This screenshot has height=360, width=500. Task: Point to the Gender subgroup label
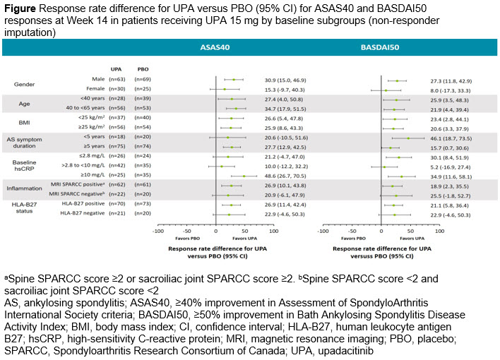[x=25, y=84]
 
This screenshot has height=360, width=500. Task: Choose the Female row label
[x=88, y=89]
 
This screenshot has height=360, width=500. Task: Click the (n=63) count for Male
[x=116, y=80]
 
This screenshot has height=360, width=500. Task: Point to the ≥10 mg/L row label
[x=89, y=175]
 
